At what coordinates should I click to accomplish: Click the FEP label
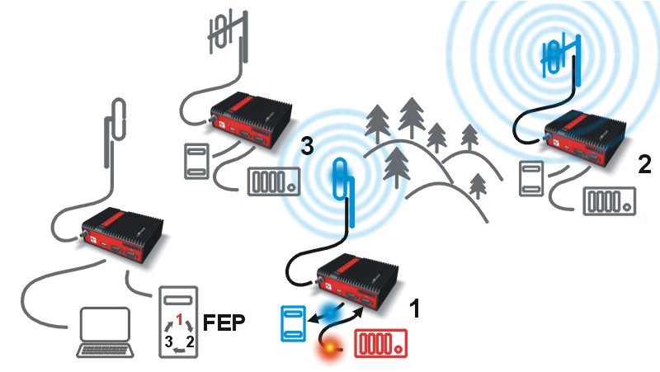pyautogui.click(x=224, y=323)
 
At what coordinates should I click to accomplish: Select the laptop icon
pyautogui.click(x=106, y=332)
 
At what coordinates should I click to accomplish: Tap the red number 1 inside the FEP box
pyautogui.click(x=180, y=320)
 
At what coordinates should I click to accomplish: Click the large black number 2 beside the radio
pyautogui.click(x=644, y=164)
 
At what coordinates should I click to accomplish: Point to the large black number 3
pyautogui.click(x=307, y=146)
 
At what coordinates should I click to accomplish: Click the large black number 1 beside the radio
pyautogui.click(x=415, y=308)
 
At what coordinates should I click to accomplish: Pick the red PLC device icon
pyautogui.click(x=381, y=343)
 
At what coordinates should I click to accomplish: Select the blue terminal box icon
pyautogui.click(x=293, y=323)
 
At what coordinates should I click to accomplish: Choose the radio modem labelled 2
pyautogui.click(x=585, y=136)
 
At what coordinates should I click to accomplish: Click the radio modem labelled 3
pyautogui.click(x=252, y=119)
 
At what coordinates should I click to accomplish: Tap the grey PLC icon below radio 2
pyautogui.click(x=609, y=201)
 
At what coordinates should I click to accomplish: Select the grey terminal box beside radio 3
pyautogui.click(x=196, y=161)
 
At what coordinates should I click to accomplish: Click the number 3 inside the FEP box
pyautogui.click(x=169, y=341)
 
